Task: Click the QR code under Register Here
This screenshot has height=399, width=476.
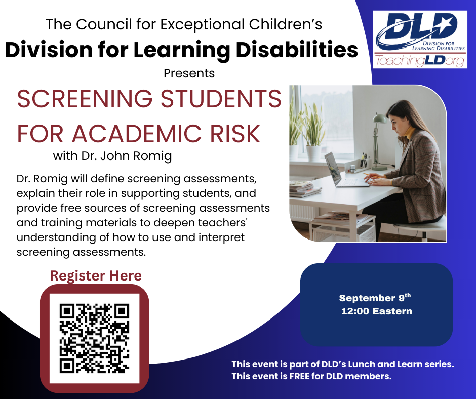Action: [x=94, y=338]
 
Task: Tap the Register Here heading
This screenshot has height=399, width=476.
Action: [x=96, y=276]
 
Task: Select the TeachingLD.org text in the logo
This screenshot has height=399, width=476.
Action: [x=420, y=61]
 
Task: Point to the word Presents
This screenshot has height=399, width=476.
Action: [x=189, y=73]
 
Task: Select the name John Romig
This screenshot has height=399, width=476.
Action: [x=136, y=156]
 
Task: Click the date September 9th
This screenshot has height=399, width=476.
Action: [x=375, y=298]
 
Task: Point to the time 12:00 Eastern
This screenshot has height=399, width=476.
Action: [x=376, y=311]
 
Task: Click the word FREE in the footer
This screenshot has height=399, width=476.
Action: [x=299, y=376]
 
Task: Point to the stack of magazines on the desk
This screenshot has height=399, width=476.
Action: [x=304, y=188]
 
